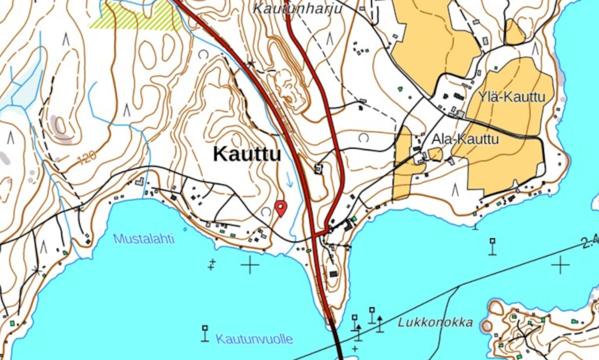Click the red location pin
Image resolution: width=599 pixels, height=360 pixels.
281,207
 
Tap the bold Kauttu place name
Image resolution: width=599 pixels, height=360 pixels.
247,154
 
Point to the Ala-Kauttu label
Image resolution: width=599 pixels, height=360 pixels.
465,139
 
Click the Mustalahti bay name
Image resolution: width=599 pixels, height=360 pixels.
144,239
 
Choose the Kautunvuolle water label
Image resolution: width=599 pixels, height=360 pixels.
254,339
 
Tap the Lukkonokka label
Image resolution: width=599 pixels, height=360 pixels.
435,322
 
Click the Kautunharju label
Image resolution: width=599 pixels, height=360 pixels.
299,8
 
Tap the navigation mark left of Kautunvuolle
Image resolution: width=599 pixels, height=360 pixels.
205,333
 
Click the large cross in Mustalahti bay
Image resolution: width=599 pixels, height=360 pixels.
250,264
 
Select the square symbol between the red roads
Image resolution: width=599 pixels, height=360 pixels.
318,168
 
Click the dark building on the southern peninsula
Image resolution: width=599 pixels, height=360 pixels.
333,274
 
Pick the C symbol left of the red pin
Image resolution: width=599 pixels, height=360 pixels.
265,212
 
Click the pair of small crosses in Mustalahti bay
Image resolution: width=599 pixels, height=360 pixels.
213,264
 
